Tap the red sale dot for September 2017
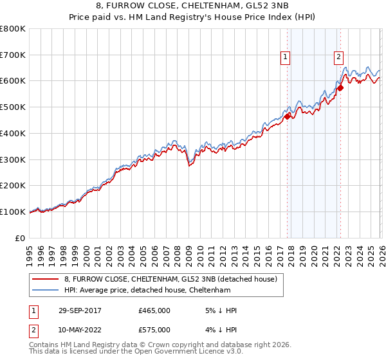[x=287, y=116]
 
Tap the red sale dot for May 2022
[x=340, y=88]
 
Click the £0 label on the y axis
[x=21, y=238]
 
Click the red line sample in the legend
[x=46, y=279]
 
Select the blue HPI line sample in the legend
[x=46, y=290]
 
